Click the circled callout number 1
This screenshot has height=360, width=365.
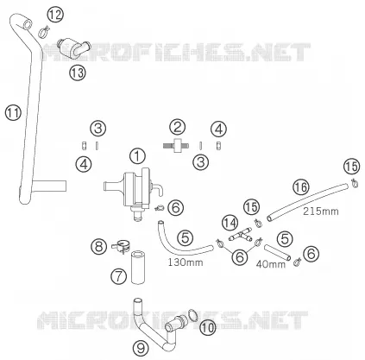(x=137, y=156)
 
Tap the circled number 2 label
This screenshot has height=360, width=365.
(x=177, y=127)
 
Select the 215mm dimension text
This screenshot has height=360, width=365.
(x=321, y=212)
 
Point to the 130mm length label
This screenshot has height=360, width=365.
(x=186, y=262)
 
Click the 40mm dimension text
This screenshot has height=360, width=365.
(x=271, y=264)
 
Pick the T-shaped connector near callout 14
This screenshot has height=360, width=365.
(x=241, y=235)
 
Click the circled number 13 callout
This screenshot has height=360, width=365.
(x=78, y=73)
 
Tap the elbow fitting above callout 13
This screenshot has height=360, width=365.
(x=74, y=46)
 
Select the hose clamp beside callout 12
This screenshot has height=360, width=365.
(x=44, y=31)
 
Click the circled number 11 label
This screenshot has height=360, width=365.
(x=13, y=112)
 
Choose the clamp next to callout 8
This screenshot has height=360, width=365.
(x=121, y=247)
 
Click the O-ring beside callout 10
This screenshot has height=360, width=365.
(x=192, y=314)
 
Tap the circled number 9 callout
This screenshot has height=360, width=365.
(x=141, y=349)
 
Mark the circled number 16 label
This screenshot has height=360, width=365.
(x=300, y=187)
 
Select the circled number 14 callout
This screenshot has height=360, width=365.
(x=230, y=224)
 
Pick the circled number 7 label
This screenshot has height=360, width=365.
(x=118, y=276)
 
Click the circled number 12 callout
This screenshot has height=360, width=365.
(x=55, y=15)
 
